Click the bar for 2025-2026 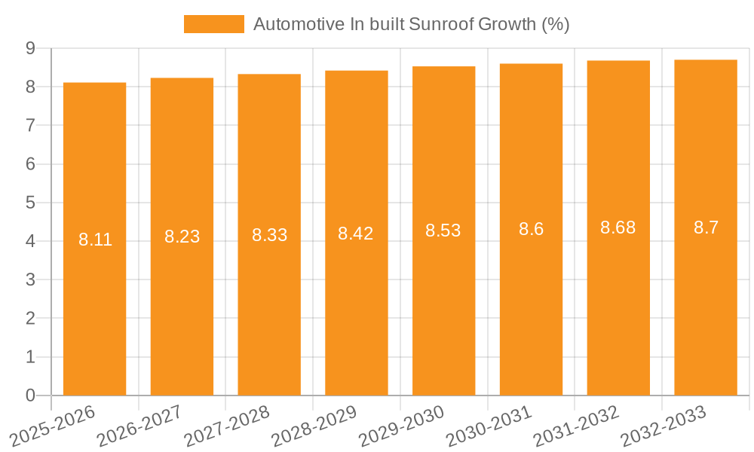tap(94, 239)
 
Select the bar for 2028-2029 tap(356, 233)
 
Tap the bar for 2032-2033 tap(706, 228)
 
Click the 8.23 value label tap(182, 237)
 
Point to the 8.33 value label tap(269, 235)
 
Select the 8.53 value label tap(443, 231)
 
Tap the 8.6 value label tap(531, 230)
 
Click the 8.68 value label tap(618, 228)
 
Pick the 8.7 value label tap(706, 228)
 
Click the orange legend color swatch tap(214, 24)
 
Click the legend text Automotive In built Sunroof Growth tap(411, 24)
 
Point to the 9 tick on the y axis tap(30, 48)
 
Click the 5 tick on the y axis tap(30, 203)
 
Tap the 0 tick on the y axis tap(30, 395)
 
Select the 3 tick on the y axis tap(30, 279)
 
